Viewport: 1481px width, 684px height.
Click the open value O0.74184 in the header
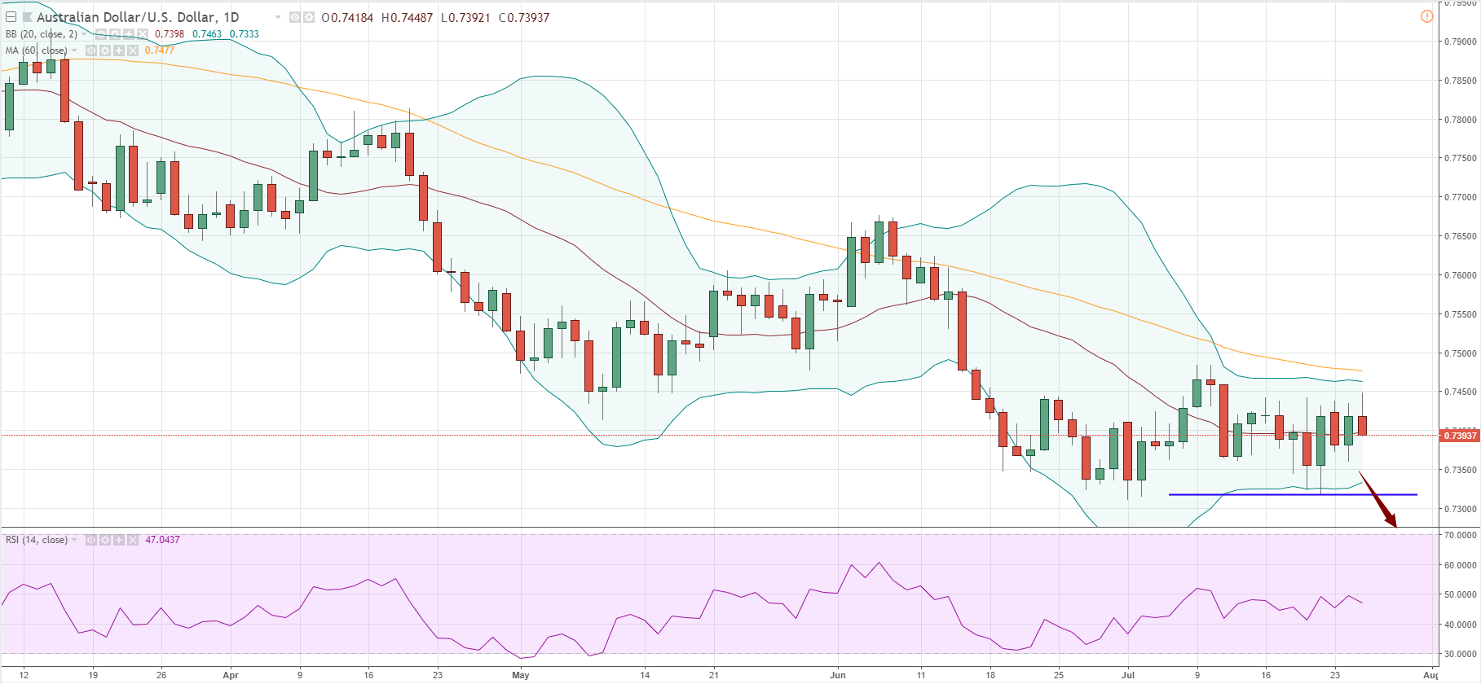(x=347, y=17)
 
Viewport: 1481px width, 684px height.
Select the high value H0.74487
(x=407, y=17)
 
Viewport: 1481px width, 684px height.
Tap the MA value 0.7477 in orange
(x=160, y=50)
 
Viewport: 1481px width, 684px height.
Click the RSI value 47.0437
(x=162, y=540)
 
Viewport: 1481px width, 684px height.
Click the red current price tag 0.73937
(x=1460, y=436)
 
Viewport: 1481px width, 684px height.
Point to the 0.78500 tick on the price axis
(x=1460, y=81)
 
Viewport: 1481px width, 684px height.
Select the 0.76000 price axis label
(x=1460, y=275)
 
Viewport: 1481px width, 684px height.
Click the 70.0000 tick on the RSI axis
(x=1460, y=535)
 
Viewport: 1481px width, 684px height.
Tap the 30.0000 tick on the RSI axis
(x=1460, y=654)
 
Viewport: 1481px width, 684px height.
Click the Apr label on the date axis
(x=231, y=675)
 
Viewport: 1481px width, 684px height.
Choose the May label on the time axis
(x=521, y=675)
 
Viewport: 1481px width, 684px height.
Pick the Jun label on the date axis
(x=838, y=675)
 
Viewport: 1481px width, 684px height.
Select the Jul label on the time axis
(x=1128, y=675)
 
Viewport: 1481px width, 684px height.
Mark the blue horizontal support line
(x=1293, y=494)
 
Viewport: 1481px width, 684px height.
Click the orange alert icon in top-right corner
(x=1426, y=16)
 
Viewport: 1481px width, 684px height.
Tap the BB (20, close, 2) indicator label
(x=42, y=34)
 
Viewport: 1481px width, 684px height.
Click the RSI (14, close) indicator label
(x=37, y=540)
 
